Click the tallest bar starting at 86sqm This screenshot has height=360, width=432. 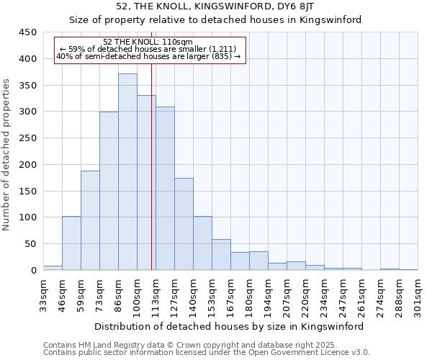pyautogui.click(x=127, y=172)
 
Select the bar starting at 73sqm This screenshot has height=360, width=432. pyautogui.click(x=109, y=191)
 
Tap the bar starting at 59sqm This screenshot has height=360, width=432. pyautogui.click(x=90, y=220)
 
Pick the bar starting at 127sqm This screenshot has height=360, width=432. pyautogui.click(x=184, y=224)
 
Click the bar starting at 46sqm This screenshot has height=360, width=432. pyautogui.click(x=71, y=243)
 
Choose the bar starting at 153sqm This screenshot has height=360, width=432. pyautogui.click(x=221, y=255)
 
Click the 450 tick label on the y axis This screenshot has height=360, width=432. pyautogui.click(x=28, y=32)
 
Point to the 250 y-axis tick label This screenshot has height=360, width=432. pyautogui.click(x=28, y=138)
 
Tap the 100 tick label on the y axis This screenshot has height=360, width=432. pyautogui.click(x=28, y=217)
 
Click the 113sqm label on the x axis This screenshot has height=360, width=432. pyautogui.click(x=156, y=294)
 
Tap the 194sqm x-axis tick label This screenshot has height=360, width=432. pyautogui.click(x=268, y=294)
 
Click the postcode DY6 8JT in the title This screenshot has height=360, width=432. pyautogui.click(x=297, y=6)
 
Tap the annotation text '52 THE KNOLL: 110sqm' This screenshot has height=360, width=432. pyautogui.click(x=148, y=42)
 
